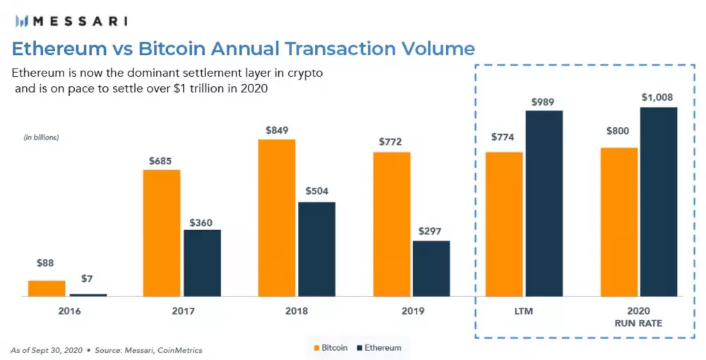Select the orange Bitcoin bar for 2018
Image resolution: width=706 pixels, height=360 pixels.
[277, 218]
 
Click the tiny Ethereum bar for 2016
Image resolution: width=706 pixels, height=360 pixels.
[88, 294]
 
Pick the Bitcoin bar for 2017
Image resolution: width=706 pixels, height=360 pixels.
[162, 233]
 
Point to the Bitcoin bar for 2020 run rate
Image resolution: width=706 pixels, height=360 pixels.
[619, 222]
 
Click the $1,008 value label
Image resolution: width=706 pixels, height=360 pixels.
[658, 97]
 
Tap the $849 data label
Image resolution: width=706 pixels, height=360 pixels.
[277, 130]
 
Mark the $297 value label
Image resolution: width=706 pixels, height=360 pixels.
[431, 231]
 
